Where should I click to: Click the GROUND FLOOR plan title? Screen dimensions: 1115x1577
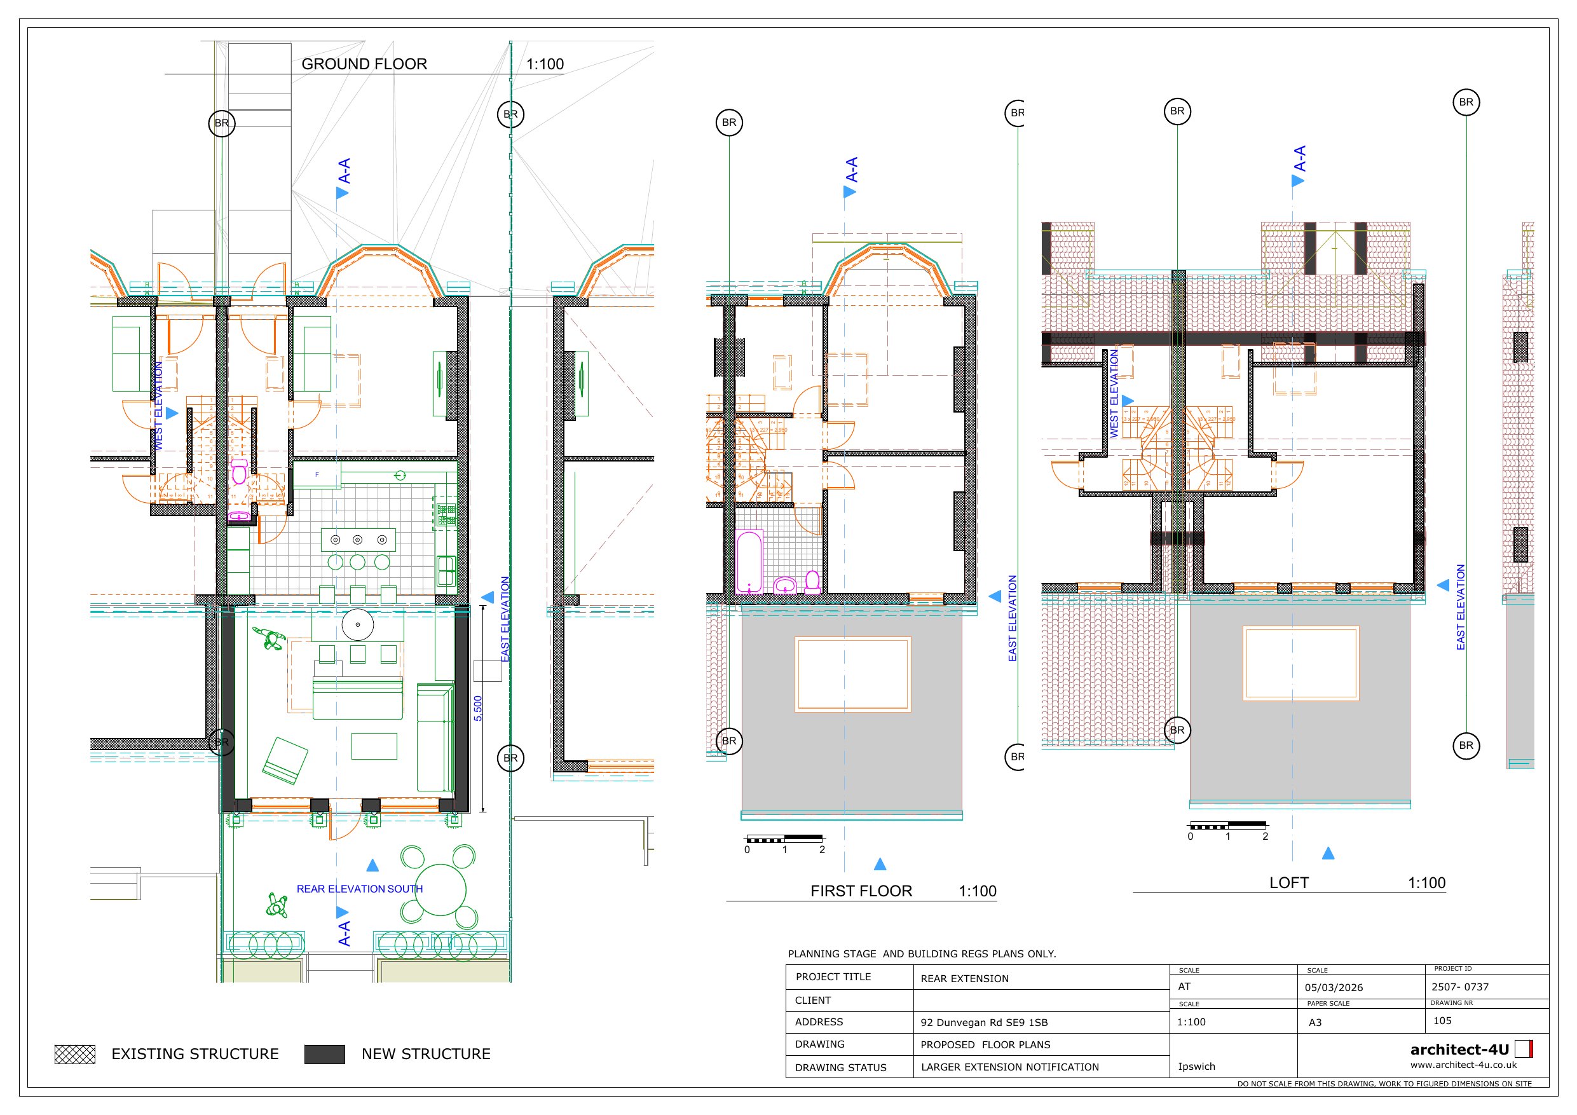pyautogui.click(x=364, y=64)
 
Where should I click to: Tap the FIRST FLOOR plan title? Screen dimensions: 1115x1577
pyautogui.click(x=861, y=891)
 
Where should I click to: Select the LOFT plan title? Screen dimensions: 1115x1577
pyautogui.click(x=1288, y=883)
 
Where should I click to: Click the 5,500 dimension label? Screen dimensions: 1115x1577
pyautogui.click(x=478, y=708)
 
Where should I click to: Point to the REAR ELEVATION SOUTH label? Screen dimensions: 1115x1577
pyautogui.click(x=359, y=889)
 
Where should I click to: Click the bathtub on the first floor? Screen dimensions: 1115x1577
pyautogui.click(x=748, y=561)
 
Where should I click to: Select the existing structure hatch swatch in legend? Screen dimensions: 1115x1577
pyautogui.click(x=75, y=1054)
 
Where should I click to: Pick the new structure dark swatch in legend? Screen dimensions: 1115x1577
pyautogui.click(x=324, y=1054)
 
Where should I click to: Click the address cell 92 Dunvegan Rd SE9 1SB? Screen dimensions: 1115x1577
pyautogui.click(x=983, y=1022)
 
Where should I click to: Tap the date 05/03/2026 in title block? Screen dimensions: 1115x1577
pyautogui.click(x=1333, y=987)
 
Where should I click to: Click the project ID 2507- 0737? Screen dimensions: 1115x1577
pyautogui.click(x=1459, y=987)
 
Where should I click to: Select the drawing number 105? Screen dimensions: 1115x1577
pyautogui.click(x=1442, y=1021)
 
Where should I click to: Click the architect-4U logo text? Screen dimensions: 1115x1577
pyautogui.click(x=1459, y=1050)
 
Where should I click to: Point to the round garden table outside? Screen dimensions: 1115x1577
pyautogui.click(x=440, y=891)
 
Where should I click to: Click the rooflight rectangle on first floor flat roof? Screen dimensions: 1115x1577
pyautogui.click(x=852, y=674)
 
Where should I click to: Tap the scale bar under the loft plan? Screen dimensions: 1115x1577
pyautogui.click(x=1228, y=825)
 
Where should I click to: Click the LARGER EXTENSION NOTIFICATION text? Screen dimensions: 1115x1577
pyautogui.click(x=1009, y=1067)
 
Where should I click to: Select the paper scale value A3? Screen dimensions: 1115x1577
pyautogui.click(x=1314, y=1022)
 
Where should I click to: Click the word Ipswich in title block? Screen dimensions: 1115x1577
pyautogui.click(x=1196, y=1066)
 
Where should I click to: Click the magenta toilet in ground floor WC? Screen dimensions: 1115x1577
pyautogui.click(x=239, y=473)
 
